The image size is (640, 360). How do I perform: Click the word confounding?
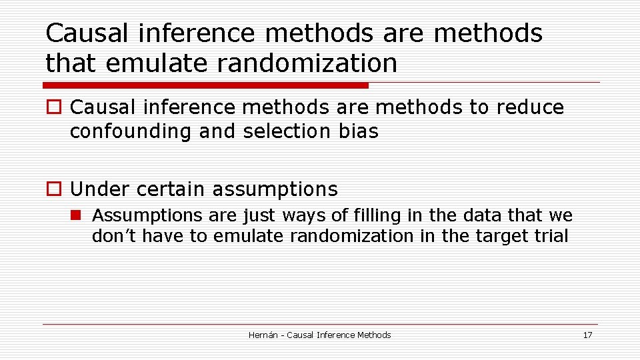click(x=131, y=132)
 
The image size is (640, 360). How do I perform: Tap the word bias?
click(x=358, y=132)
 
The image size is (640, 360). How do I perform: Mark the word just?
click(x=261, y=215)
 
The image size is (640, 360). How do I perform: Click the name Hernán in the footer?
click(x=263, y=335)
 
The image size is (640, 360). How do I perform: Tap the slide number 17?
click(x=587, y=335)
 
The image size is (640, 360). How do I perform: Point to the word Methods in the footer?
click(x=373, y=335)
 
